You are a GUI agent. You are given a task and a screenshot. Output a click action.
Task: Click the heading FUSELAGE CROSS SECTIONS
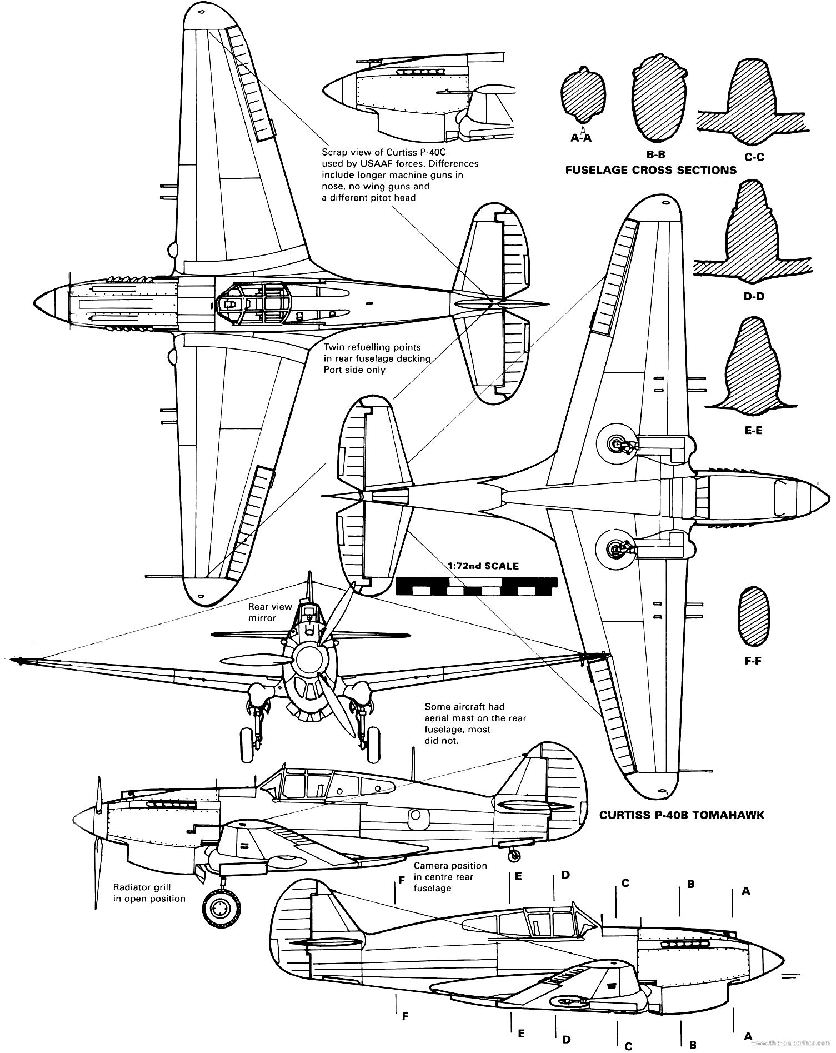click(x=650, y=170)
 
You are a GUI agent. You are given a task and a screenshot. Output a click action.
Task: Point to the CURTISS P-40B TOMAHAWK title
click(x=682, y=815)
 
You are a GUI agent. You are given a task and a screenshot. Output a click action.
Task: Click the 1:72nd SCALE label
click(x=483, y=566)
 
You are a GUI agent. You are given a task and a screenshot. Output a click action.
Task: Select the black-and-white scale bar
click(x=476, y=587)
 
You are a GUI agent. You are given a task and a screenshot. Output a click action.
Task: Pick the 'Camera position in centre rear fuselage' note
click(x=450, y=877)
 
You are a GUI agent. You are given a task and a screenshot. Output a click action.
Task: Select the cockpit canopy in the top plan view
click(x=254, y=303)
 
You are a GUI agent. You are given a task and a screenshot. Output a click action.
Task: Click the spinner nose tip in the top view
click(x=37, y=303)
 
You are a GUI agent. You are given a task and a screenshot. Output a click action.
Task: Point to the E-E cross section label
click(x=753, y=430)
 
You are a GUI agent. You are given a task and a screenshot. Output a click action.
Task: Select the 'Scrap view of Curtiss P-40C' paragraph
click(x=400, y=175)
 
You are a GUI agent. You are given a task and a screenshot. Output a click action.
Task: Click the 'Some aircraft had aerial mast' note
click(x=475, y=723)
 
